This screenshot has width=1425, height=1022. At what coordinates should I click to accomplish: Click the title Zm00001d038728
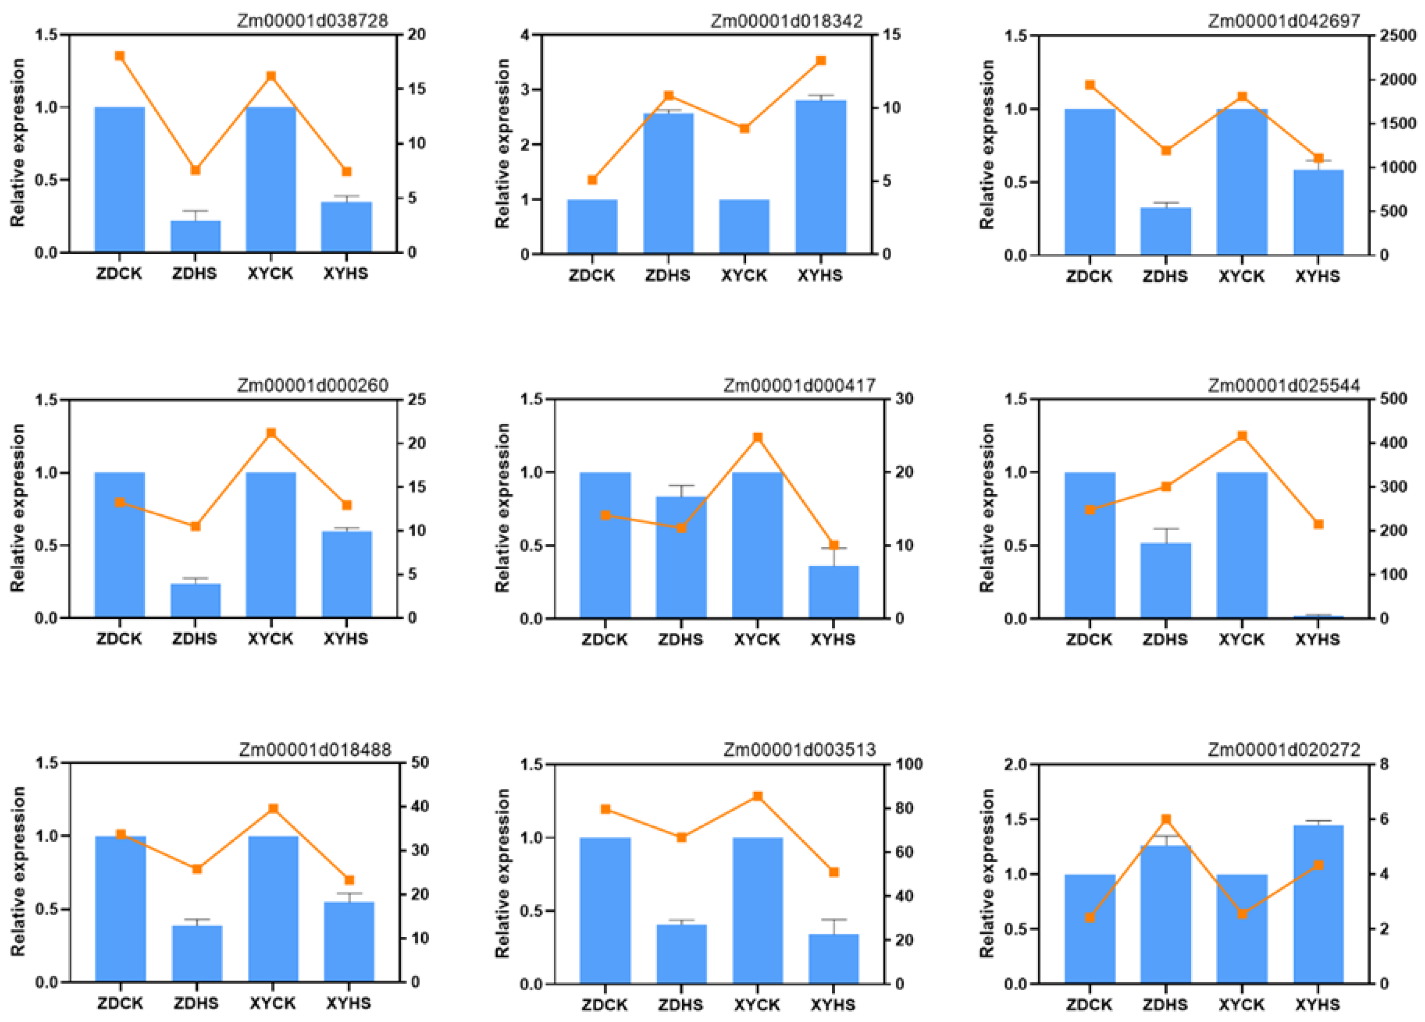pyautogui.click(x=312, y=21)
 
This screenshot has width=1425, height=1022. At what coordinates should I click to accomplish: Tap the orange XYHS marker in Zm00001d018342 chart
pyautogui.click(x=821, y=61)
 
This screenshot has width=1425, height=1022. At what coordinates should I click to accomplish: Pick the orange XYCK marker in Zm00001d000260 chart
pyautogui.click(x=271, y=433)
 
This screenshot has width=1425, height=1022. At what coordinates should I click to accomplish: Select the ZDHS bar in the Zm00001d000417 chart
pyautogui.click(x=681, y=557)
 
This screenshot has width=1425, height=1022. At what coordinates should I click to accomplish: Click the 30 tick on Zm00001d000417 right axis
pyautogui.click(x=905, y=399)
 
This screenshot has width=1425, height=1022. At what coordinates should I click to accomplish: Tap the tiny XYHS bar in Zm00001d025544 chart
pyautogui.click(x=1318, y=616)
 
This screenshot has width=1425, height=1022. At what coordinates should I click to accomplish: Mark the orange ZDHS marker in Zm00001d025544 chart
pyautogui.click(x=1166, y=486)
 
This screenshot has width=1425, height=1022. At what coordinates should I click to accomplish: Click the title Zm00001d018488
pyautogui.click(x=314, y=749)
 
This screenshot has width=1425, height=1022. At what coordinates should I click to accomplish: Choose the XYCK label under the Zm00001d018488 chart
pyautogui.click(x=272, y=1003)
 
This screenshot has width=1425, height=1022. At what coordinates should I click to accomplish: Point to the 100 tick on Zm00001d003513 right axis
pyautogui.click(x=909, y=764)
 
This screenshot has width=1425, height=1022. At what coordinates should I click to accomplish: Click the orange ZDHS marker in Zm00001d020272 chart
pyautogui.click(x=1166, y=819)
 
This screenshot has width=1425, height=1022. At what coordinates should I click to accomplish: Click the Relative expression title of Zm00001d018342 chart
pyautogui.click(x=503, y=144)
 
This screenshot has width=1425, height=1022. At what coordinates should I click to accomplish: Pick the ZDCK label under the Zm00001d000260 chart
pyautogui.click(x=119, y=639)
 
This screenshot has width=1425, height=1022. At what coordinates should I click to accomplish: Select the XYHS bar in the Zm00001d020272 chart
pyautogui.click(x=1318, y=904)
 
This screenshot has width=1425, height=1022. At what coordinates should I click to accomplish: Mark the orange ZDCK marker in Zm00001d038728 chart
pyautogui.click(x=120, y=56)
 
